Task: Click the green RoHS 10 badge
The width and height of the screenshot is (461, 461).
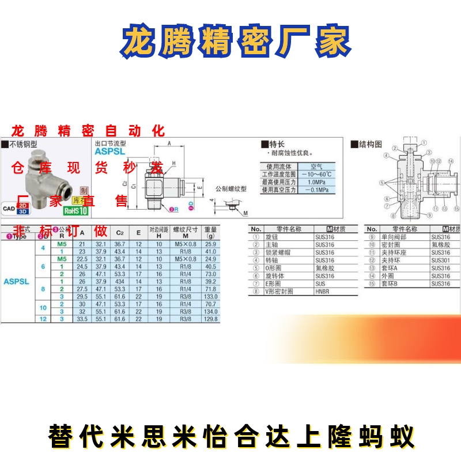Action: coord(74,211)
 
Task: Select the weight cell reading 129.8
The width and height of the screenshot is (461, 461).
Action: coord(210,319)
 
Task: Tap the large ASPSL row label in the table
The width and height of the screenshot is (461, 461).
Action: coord(16,282)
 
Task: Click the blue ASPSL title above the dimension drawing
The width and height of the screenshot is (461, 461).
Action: coord(110,153)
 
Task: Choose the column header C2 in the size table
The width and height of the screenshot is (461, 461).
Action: coord(120,233)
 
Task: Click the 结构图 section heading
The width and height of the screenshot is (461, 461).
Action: coord(370,144)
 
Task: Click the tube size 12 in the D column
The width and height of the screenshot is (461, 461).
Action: coord(43,319)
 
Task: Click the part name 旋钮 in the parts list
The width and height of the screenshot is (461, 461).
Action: coord(271,237)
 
